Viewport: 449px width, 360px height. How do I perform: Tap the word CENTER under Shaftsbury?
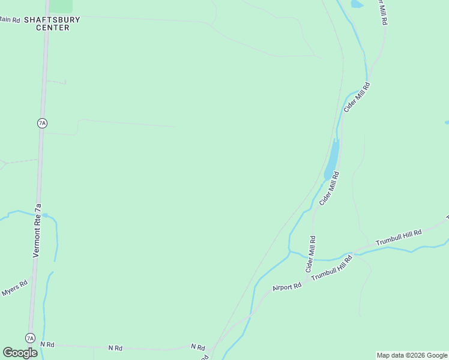coord(52,28)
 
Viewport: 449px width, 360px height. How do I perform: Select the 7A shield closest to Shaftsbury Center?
coord(41,123)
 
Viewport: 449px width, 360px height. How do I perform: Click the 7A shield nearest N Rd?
coord(30,338)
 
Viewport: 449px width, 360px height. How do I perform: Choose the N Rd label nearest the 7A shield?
coord(47,344)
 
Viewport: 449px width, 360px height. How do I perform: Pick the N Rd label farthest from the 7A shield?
coord(197,347)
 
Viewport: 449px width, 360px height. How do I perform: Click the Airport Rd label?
coord(286,287)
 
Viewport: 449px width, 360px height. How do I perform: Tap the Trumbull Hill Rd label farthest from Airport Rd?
coord(399,237)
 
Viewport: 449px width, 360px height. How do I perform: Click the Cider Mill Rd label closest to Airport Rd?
coord(311,254)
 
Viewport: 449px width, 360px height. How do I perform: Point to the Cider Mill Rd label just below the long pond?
coord(329,189)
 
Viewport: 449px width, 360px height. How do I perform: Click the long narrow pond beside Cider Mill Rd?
coord(332,159)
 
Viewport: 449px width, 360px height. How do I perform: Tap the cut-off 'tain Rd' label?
coord(10,20)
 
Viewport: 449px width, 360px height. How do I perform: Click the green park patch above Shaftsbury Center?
coord(61,6)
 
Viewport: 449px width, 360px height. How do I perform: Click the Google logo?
coord(20,353)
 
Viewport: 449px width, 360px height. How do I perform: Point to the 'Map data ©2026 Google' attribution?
coord(412,355)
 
